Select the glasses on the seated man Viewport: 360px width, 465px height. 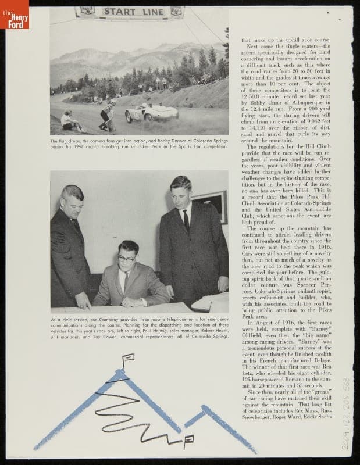(x=127, y=258)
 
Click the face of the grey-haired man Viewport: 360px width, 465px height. (x=72, y=202)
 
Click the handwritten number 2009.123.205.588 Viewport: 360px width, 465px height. (x=347, y=413)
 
